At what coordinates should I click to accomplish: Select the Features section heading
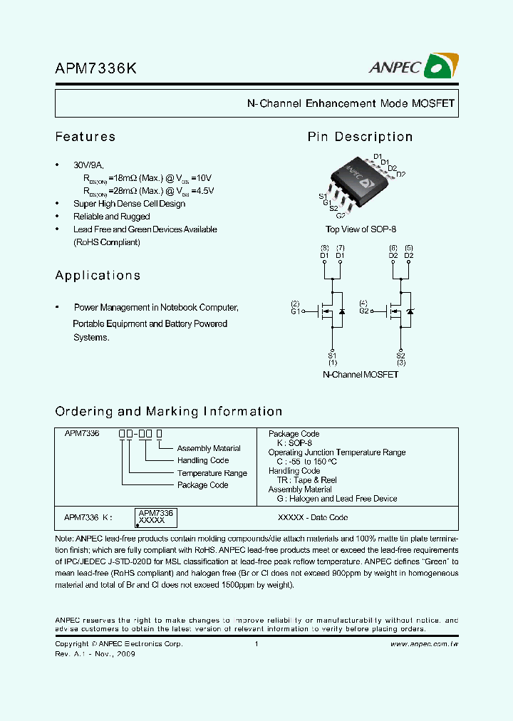pyautogui.click(x=85, y=137)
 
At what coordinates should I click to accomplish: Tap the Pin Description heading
pyautogui.click(x=360, y=137)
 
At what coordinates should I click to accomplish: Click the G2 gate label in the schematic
pyautogui.click(x=363, y=311)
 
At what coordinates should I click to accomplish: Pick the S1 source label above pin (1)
pyautogui.click(x=332, y=356)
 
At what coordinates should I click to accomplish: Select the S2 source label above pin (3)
pyautogui.click(x=400, y=356)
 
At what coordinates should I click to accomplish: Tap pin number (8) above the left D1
pyautogui.click(x=324, y=247)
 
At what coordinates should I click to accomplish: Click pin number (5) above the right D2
pyautogui.click(x=409, y=247)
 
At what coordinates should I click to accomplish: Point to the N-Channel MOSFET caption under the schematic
pyautogui.click(x=361, y=374)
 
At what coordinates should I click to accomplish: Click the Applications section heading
pyautogui.click(x=98, y=276)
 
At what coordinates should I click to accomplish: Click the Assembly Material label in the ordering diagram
pyautogui.click(x=209, y=449)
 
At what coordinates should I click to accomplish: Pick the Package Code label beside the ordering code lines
pyautogui.click(x=202, y=485)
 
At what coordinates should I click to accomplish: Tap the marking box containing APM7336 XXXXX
pyautogui.click(x=155, y=517)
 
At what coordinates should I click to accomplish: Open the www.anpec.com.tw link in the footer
pyautogui.click(x=425, y=644)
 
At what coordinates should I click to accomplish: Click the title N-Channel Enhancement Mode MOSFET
pyautogui.click(x=351, y=103)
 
